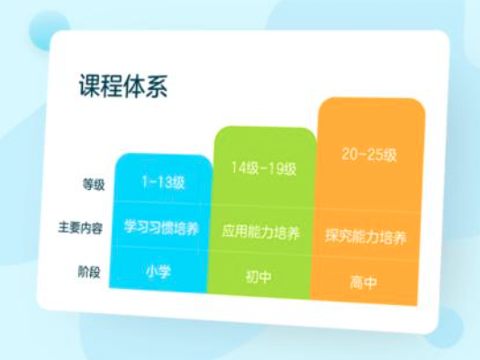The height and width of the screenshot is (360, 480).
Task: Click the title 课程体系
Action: (123, 85)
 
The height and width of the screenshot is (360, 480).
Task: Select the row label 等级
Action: (94, 184)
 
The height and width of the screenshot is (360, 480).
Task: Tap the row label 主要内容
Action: (80, 228)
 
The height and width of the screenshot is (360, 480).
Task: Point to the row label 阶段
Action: (89, 272)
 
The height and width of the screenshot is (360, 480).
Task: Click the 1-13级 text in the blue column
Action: (163, 183)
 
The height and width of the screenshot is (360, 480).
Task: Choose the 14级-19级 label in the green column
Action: (264, 168)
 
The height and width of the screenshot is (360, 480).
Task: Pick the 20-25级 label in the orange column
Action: (369, 155)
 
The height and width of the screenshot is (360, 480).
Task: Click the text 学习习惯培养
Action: (161, 228)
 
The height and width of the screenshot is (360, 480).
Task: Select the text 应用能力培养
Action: (260, 232)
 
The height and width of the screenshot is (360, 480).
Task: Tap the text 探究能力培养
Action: (366, 237)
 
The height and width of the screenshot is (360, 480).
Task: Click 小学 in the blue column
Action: (158, 272)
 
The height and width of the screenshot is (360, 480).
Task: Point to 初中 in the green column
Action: (258, 277)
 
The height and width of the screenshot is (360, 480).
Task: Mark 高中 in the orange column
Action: (363, 282)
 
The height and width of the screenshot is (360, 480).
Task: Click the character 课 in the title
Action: (90, 85)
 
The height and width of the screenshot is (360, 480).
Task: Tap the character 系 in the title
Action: (157, 85)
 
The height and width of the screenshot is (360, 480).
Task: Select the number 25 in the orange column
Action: (375, 155)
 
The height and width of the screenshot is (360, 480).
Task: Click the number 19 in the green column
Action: (277, 168)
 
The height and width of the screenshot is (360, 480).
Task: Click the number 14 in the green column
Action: (237, 167)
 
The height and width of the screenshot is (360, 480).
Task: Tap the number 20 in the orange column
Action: (349, 154)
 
